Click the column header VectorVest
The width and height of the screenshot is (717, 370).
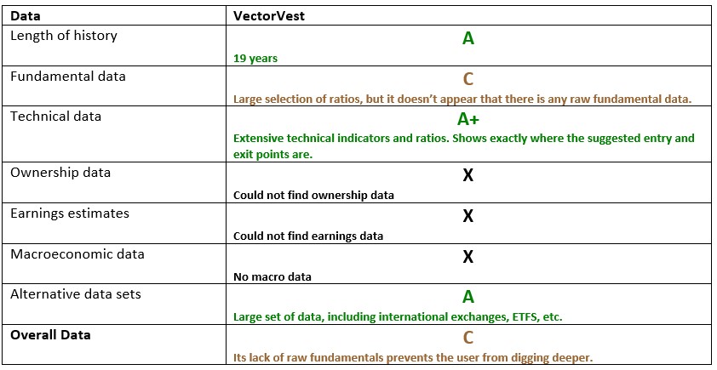pyautogui.click(x=266, y=15)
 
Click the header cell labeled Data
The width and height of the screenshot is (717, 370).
pyautogui.click(x=26, y=15)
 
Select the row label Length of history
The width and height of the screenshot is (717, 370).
pyautogui.click(x=64, y=36)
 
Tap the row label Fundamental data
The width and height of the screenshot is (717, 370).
pyautogui.click(x=68, y=77)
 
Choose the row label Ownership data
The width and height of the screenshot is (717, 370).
pyautogui.click(x=60, y=173)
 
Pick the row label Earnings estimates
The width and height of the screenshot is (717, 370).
pyautogui.click(x=70, y=213)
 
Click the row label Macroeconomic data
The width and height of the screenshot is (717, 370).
pyautogui.click(x=77, y=254)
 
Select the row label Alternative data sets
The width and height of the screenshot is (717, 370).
pyautogui.click(x=75, y=294)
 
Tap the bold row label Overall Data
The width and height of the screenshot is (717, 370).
pyautogui.click(x=50, y=335)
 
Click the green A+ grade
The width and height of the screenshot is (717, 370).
pyautogui.click(x=467, y=120)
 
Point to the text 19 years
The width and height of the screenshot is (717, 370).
pyautogui.click(x=255, y=60)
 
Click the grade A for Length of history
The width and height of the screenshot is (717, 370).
pyautogui.click(x=467, y=38)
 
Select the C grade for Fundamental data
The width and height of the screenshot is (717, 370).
pyautogui.click(x=467, y=79)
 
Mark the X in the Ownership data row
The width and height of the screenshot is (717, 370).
pyautogui.click(x=467, y=175)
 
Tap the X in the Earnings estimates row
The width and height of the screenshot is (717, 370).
pyautogui.click(x=467, y=216)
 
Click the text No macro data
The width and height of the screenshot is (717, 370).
pyautogui.click(x=272, y=276)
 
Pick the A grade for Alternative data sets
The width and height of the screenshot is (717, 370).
pyautogui.click(x=467, y=297)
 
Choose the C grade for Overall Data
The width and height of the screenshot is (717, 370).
pyautogui.click(x=467, y=338)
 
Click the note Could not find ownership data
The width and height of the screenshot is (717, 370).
pyautogui.click(x=313, y=195)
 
